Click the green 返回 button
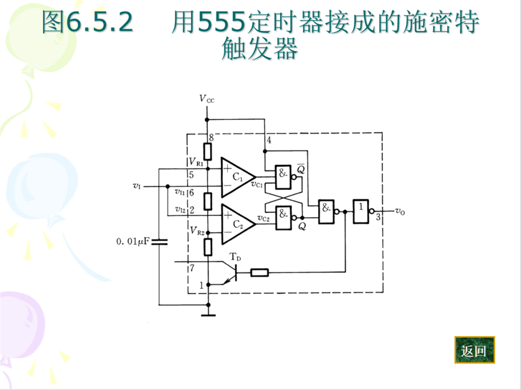(x=474, y=350)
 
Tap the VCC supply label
(x=207, y=98)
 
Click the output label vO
(x=399, y=211)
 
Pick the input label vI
(x=137, y=185)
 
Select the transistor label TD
(x=236, y=258)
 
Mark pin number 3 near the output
(x=378, y=217)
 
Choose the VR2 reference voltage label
(x=196, y=230)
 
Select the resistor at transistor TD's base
(x=259, y=272)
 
